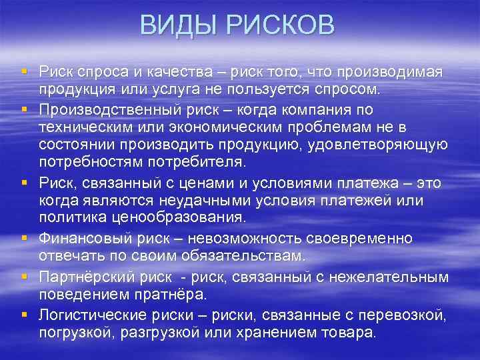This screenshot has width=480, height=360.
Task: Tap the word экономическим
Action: coord(229,127)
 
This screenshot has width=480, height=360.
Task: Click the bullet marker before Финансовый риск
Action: coord(23,238)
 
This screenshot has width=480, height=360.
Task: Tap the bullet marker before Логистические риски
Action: coord(23,314)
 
